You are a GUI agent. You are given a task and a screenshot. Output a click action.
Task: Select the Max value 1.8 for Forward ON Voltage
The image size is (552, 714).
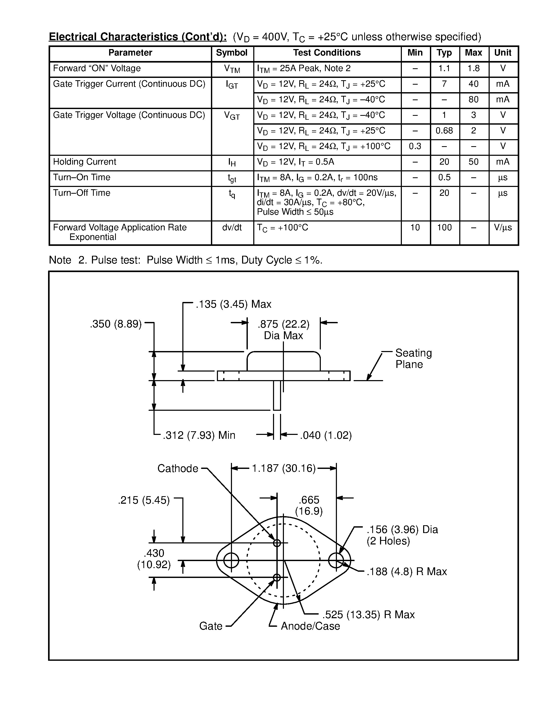(x=473, y=68)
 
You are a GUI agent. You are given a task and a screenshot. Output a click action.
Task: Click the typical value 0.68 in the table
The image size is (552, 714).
(x=444, y=131)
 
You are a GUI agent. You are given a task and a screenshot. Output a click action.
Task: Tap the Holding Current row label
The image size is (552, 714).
(x=84, y=162)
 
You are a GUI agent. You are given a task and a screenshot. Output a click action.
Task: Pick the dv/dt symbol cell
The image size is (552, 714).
(x=232, y=227)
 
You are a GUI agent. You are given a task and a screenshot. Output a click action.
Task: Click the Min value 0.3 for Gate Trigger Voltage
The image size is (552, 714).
(x=415, y=146)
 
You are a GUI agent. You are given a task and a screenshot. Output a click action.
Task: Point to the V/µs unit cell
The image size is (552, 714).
(x=503, y=227)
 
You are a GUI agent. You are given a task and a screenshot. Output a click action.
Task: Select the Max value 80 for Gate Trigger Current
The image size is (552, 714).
(x=473, y=99)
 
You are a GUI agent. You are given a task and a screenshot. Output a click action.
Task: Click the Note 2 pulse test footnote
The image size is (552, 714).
(x=185, y=260)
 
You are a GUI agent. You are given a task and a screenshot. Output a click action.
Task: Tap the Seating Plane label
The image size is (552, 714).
(x=413, y=359)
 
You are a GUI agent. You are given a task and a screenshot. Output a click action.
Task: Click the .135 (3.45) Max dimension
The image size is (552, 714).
(x=234, y=304)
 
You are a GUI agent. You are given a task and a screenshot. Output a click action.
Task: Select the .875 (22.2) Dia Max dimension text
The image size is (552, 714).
(x=283, y=330)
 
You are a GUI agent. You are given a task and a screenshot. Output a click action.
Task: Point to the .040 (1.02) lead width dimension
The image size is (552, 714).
(x=326, y=435)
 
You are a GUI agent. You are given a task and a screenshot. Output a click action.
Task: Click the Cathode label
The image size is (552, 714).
(x=178, y=468)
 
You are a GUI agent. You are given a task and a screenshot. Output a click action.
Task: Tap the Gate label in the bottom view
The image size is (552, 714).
(x=211, y=626)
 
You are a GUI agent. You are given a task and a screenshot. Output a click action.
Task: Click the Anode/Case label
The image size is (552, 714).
(x=310, y=626)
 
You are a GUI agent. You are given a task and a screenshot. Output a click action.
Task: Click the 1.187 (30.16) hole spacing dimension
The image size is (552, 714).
(x=283, y=468)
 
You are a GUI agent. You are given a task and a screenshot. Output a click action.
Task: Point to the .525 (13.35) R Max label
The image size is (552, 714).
(x=368, y=615)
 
